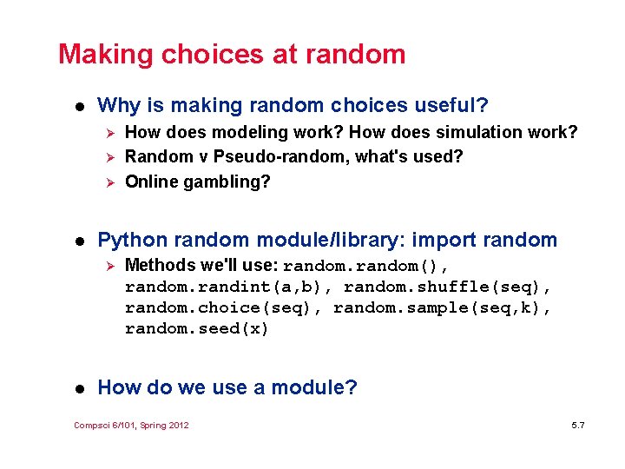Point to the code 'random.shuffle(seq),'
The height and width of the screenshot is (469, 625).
tap(448, 287)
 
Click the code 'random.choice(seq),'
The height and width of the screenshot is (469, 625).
tap(223, 307)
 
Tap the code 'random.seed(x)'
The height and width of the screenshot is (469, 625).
tap(196, 328)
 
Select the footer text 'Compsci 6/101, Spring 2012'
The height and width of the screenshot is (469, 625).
tap(131, 425)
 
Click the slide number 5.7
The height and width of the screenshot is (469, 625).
tap(578, 425)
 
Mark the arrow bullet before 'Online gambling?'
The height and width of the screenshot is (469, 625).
tap(109, 182)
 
